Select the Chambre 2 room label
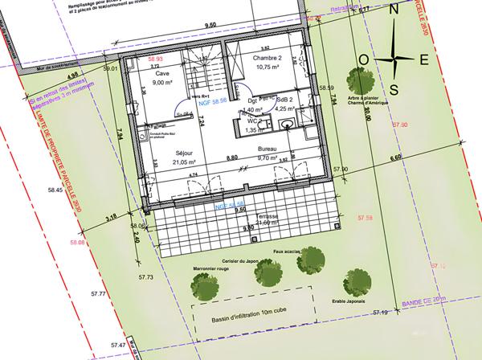tap(268, 59)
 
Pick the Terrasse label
tap(263, 217)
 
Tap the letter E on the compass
tap(425, 59)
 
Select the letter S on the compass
tap(394, 88)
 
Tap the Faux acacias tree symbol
tap(312, 261)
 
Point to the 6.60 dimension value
tap(395, 158)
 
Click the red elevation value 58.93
tap(155, 59)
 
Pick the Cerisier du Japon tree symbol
tap(267, 273)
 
